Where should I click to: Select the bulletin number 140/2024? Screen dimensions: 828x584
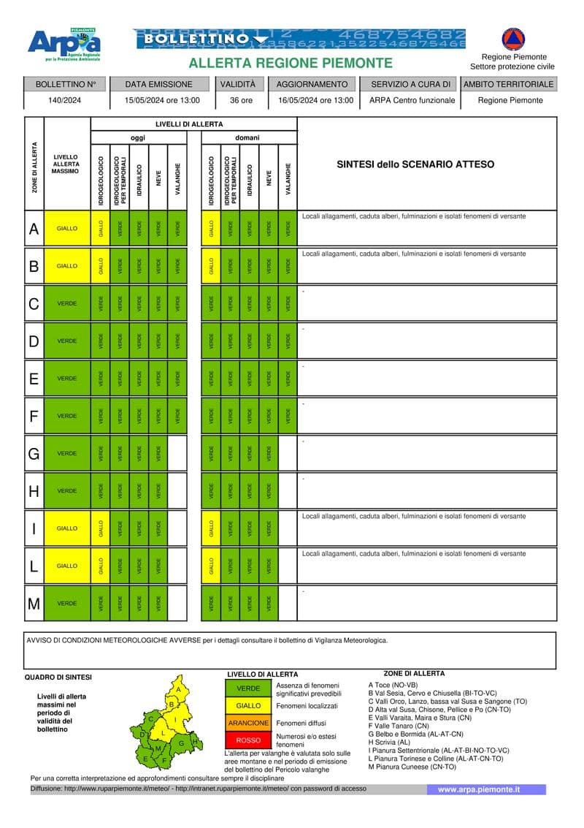click(66, 100)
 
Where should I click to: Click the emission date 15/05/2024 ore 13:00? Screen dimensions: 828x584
click(162, 100)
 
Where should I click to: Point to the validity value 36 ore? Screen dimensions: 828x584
click(241, 100)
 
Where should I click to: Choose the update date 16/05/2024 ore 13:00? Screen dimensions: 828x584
click(316, 100)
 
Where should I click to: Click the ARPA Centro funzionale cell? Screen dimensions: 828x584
click(412, 100)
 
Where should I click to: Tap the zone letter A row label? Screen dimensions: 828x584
click(34, 229)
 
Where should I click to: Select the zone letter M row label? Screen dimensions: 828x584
click(34, 604)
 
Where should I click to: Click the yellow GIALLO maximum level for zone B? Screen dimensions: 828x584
click(67, 266)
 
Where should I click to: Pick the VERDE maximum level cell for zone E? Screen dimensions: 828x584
click(67, 379)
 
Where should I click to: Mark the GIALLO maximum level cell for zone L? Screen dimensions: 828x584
click(67, 566)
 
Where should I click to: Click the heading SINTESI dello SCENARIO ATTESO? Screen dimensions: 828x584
click(415, 164)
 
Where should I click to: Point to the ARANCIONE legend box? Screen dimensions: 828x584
click(248, 723)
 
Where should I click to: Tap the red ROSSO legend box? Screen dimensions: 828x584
click(248, 740)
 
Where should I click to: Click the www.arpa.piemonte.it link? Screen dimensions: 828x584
click(479, 789)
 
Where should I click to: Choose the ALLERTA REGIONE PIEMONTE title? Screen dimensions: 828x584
click(291, 64)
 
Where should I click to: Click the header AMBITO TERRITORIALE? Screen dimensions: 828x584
click(509, 84)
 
